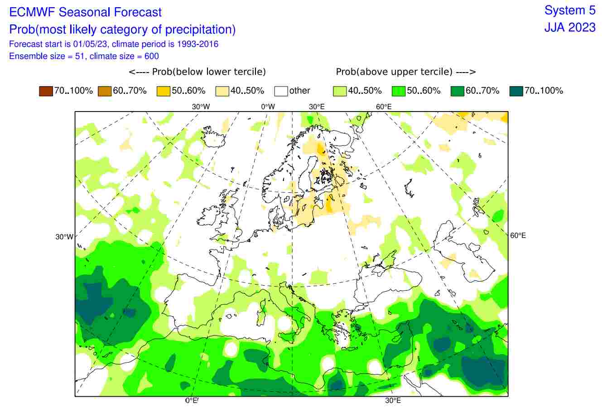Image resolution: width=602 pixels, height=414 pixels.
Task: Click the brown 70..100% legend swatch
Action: [46, 91]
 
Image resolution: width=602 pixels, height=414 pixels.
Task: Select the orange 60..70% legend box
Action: [105, 91]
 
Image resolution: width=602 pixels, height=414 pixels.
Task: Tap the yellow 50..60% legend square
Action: [164, 91]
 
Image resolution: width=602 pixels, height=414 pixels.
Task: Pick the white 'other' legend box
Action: [281, 91]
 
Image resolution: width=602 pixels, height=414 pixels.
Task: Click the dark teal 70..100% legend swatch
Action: [516, 91]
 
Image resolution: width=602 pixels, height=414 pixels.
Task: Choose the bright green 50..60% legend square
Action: [399, 91]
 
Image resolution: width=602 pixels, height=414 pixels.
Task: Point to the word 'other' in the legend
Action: [299, 91]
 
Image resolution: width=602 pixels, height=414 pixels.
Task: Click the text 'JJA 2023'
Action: [570, 27]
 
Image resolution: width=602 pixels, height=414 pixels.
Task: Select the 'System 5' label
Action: [570, 10]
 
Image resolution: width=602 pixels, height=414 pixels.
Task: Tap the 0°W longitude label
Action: [268, 107]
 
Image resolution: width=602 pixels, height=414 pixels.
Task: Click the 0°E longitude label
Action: [192, 400]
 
